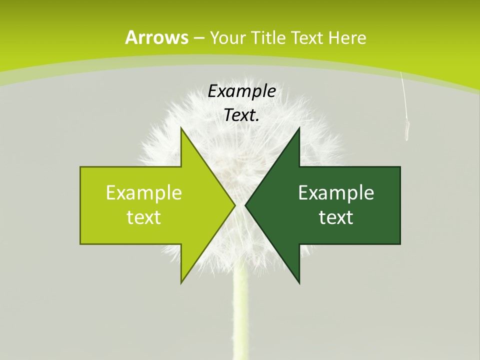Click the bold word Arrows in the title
[156, 37]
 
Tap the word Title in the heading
[267, 37]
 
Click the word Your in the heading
[227, 37]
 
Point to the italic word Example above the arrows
[242, 91]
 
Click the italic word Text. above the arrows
[242, 115]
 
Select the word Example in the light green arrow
[144, 192]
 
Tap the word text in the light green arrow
[144, 217]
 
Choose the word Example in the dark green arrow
[336, 192]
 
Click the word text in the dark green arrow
[336, 217]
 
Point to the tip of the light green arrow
[234, 205]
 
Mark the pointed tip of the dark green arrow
[246, 205]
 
